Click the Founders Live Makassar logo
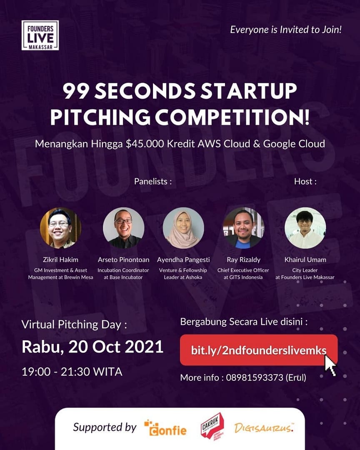[40, 35]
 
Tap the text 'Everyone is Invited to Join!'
[286, 30]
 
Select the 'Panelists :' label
[152, 181]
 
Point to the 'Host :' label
[305, 181]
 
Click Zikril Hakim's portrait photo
[60, 228]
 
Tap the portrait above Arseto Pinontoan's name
[123, 228]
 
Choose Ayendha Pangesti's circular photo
[183, 228]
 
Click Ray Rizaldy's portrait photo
[244, 228]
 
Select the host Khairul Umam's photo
[305, 228]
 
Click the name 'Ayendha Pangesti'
[183, 260]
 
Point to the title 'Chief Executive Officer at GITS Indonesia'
[244, 274]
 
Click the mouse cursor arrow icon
[330, 366]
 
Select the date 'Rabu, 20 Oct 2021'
[92, 347]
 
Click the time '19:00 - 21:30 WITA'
[72, 371]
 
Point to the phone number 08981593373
[253, 378]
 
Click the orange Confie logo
[165, 428]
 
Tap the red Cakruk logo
[211, 426]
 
